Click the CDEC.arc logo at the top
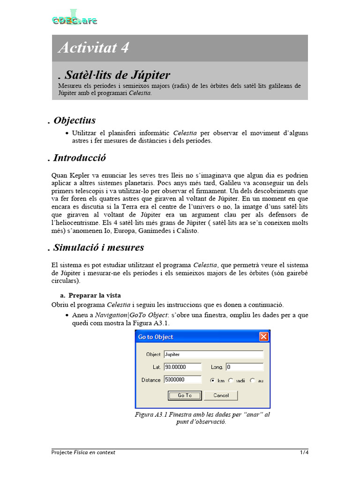click(x=75, y=19)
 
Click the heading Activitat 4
click(x=93, y=48)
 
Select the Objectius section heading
click(x=75, y=120)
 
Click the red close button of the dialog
click(x=264, y=337)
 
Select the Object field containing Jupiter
click(x=213, y=354)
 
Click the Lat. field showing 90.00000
click(x=182, y=367)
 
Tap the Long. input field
click(x=244, y=367)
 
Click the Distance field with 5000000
click(x=182, y=380)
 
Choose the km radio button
click(x=213, y=380)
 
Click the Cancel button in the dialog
click(x=221, y=395)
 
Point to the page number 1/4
click(x=304, y=452)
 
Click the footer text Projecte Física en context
click(x=83, y=452)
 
